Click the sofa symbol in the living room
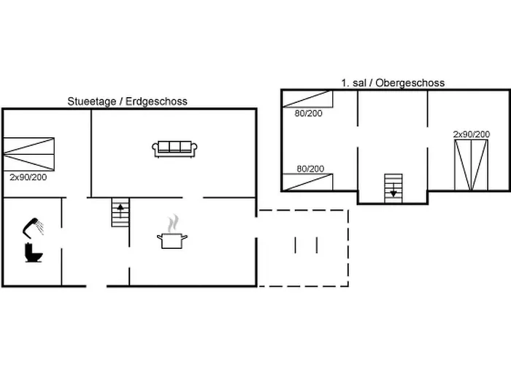pyautogui.click(x=174, y=149)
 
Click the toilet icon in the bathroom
pyautogui.click(x=34, y=253)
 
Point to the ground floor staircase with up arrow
pyautogui.click(x=120, y=212)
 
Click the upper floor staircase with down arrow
pyautogui.click(x=393, y=188)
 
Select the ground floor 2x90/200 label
pyautogui.click(x=28, y=177)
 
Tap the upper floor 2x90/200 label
pyautogui.click(x=472, y=134)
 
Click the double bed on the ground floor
pyautogui.click(x=28, y=154)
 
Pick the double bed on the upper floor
pyautogui.click(x=472, y=165)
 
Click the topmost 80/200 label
pyautogui.click(x=309, y=113)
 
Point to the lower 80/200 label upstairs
pyautogui.click(x=310, y=169)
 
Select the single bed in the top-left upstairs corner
pyautogui.click(x=307, y=99)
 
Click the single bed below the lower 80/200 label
pyautogui.click(x=307, y=182)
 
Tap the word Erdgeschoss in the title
pyautogui.click(x=156, y=101)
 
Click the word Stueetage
pyautogui.click(x=91, y=101)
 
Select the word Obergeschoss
pyautogui.click(x=410, y=82)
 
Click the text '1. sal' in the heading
pyautogui.click(x=354, y=82)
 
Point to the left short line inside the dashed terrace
pyautogui.click(x=295, y=245)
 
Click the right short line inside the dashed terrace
pyautogui.click(x=317, y=245)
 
